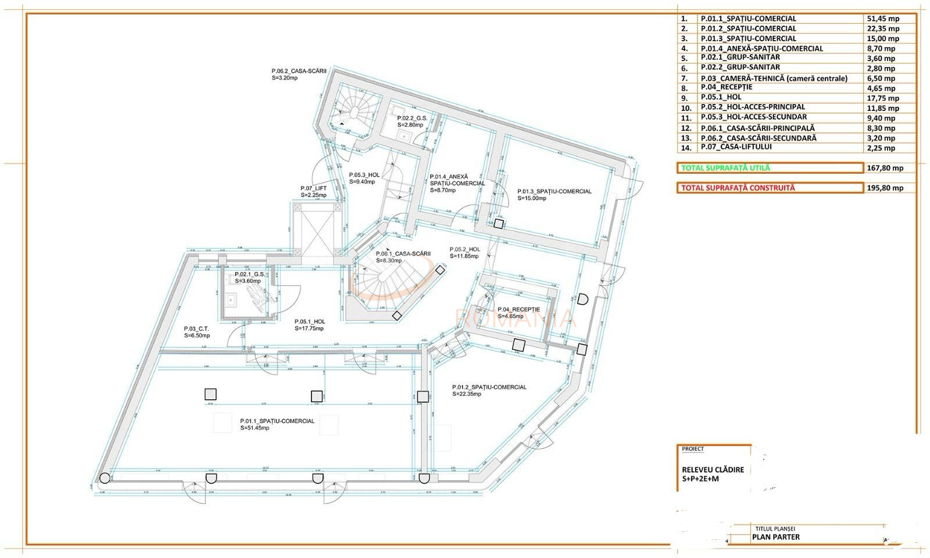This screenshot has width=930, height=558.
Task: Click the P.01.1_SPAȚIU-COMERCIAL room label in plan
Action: point(277,421)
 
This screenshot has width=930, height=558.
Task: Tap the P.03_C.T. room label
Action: point(196,328)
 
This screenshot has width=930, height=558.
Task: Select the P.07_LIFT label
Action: point(313,188)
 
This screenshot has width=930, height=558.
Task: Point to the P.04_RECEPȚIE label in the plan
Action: point(518,310)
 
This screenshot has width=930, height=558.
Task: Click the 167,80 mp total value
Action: point(885,168)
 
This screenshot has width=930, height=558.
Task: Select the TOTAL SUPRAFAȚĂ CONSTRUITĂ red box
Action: point(770,188)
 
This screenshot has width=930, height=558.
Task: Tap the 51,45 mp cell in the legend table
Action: point(882,19)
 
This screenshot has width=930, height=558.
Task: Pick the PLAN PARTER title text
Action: point(775,536)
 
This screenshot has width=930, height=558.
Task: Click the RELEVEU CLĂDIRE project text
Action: point(713,470)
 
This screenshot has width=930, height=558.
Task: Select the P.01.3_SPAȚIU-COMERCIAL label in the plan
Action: point(555,191)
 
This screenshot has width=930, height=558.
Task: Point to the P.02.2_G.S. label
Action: point(412,118)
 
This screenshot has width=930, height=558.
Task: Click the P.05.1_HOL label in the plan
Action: point(309,321)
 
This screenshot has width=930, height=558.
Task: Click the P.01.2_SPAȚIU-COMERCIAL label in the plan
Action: point(489,387)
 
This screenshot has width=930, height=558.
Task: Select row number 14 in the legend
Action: point(685,148)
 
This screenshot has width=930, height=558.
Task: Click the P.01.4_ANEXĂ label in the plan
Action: point(449,177)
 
